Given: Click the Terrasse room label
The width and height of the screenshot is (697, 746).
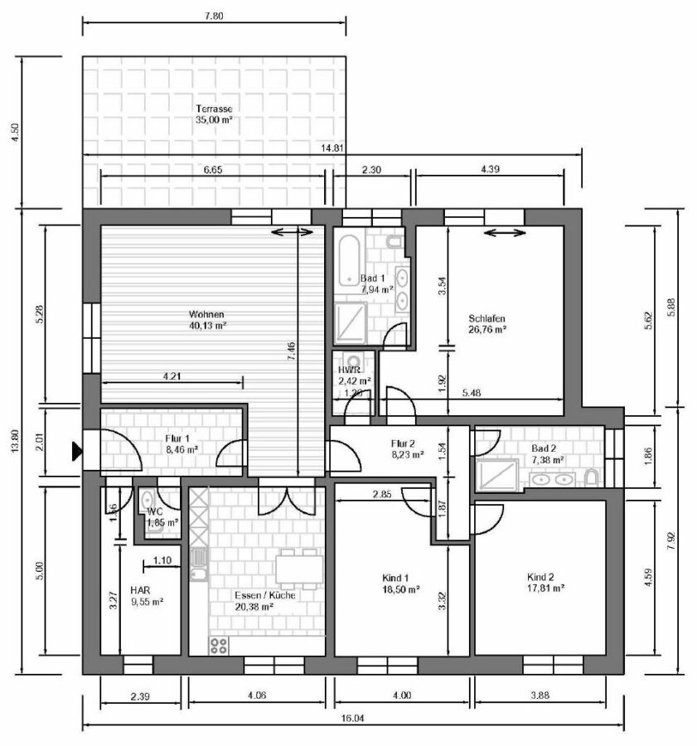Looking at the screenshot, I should click(213, 114).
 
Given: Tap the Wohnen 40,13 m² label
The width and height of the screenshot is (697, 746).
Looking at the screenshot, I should click(206, 320).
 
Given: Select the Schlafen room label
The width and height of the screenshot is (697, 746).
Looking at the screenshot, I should click(486, 323).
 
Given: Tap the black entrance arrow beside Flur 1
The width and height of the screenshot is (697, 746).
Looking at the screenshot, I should click(76, 451).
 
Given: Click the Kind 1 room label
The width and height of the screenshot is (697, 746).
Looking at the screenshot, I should click(395, 583).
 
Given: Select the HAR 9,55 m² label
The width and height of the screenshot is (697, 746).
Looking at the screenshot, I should click(144, 597).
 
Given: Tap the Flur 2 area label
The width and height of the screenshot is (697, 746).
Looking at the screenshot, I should click(407, 448).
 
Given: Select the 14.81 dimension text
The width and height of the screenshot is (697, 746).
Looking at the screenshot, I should click(332, 149).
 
